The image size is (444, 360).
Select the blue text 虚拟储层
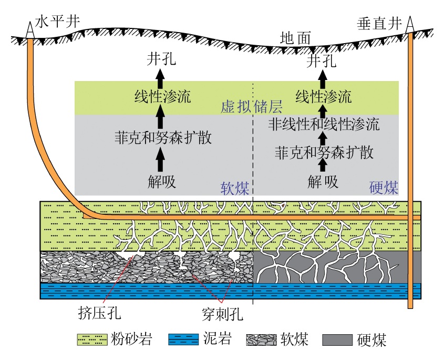[x=252, y=107]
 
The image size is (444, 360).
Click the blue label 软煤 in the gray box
[x=234, y=188]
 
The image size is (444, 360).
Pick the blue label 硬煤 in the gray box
[x=384, y=188]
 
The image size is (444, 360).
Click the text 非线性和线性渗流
[x=324, y=125]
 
